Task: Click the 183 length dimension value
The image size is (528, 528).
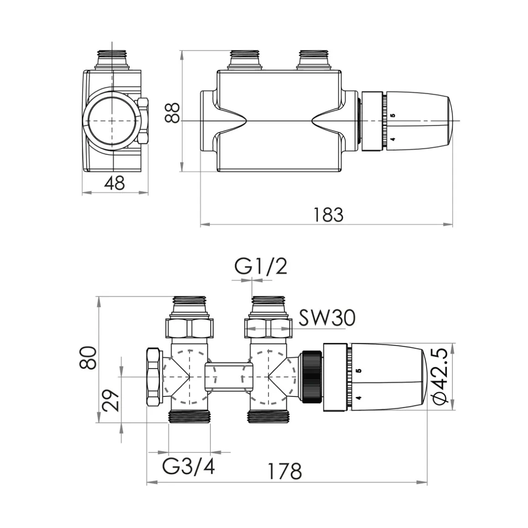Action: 329,214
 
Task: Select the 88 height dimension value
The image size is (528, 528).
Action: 173,112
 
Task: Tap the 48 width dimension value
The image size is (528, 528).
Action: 114,183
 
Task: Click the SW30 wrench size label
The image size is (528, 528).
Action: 327,318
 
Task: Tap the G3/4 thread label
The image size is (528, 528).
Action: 188,467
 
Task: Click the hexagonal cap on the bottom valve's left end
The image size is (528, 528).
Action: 154,376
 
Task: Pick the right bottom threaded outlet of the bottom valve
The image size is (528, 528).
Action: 269,416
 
